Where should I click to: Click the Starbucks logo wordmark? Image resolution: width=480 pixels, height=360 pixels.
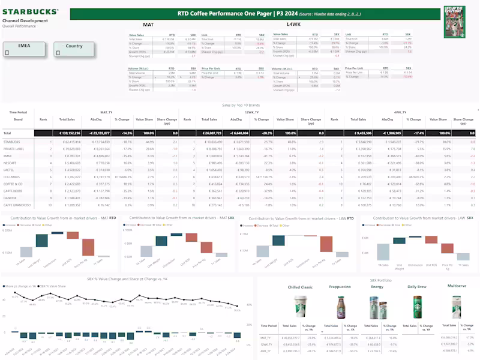(x=30, y=11)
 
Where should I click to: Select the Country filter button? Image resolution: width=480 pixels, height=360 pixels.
(x=74, y=49)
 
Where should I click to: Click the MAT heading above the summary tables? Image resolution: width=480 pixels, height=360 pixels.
(x=148, y=25)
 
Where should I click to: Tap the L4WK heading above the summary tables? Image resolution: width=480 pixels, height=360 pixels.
(x=293, y=25)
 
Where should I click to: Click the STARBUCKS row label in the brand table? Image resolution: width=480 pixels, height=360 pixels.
(x=13, y=142)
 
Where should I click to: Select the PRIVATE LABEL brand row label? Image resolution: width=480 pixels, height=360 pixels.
(x=15, y=148)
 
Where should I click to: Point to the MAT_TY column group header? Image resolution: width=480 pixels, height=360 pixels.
(x=107, y=112)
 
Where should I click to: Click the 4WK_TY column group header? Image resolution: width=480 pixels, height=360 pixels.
(x=400, y=112)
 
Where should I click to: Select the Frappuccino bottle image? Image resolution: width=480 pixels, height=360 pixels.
(x=340, y=306)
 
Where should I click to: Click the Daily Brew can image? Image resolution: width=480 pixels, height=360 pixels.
(x=417, y=306)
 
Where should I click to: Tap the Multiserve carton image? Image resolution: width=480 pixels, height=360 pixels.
(x=457, y=305)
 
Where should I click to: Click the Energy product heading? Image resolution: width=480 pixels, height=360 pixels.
(x=377, y=287)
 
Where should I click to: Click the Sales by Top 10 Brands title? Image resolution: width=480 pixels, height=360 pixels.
(x=239, y=105)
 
